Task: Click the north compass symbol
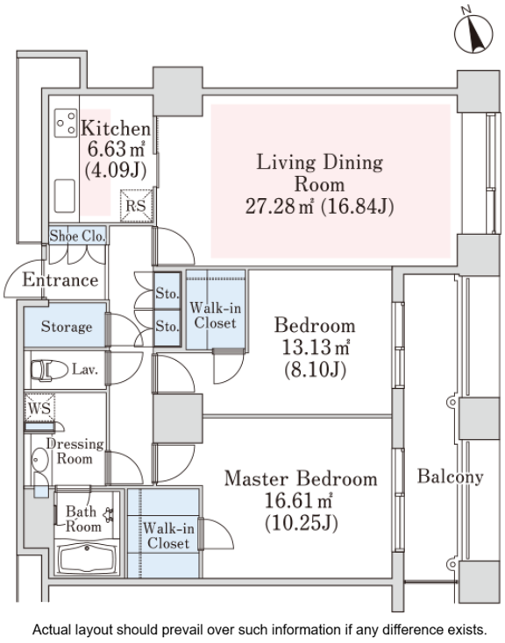tap(473, 32)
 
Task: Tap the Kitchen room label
tap(116, 129)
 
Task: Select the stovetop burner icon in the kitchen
tap(66, 123)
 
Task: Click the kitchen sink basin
tap(65, 195)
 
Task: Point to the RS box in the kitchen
tap(136, 206)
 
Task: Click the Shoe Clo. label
tap(78, 236)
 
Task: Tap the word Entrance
tap(60, 279)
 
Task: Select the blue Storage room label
tap(67, 327)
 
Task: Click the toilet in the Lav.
tap(49, 370)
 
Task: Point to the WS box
tap(39, 407)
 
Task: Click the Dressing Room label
tap(75, 450)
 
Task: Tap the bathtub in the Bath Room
tap(88, 558)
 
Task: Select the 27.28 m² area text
tap(279, 206)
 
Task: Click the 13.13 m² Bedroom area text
tap(316, 347)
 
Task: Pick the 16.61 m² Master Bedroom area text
tap(298, 501)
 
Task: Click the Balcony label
tap(451, 477)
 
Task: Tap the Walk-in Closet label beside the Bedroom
tap(216, 315)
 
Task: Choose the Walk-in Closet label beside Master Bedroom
tap(168, 535)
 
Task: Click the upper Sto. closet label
tap(167, 293)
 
